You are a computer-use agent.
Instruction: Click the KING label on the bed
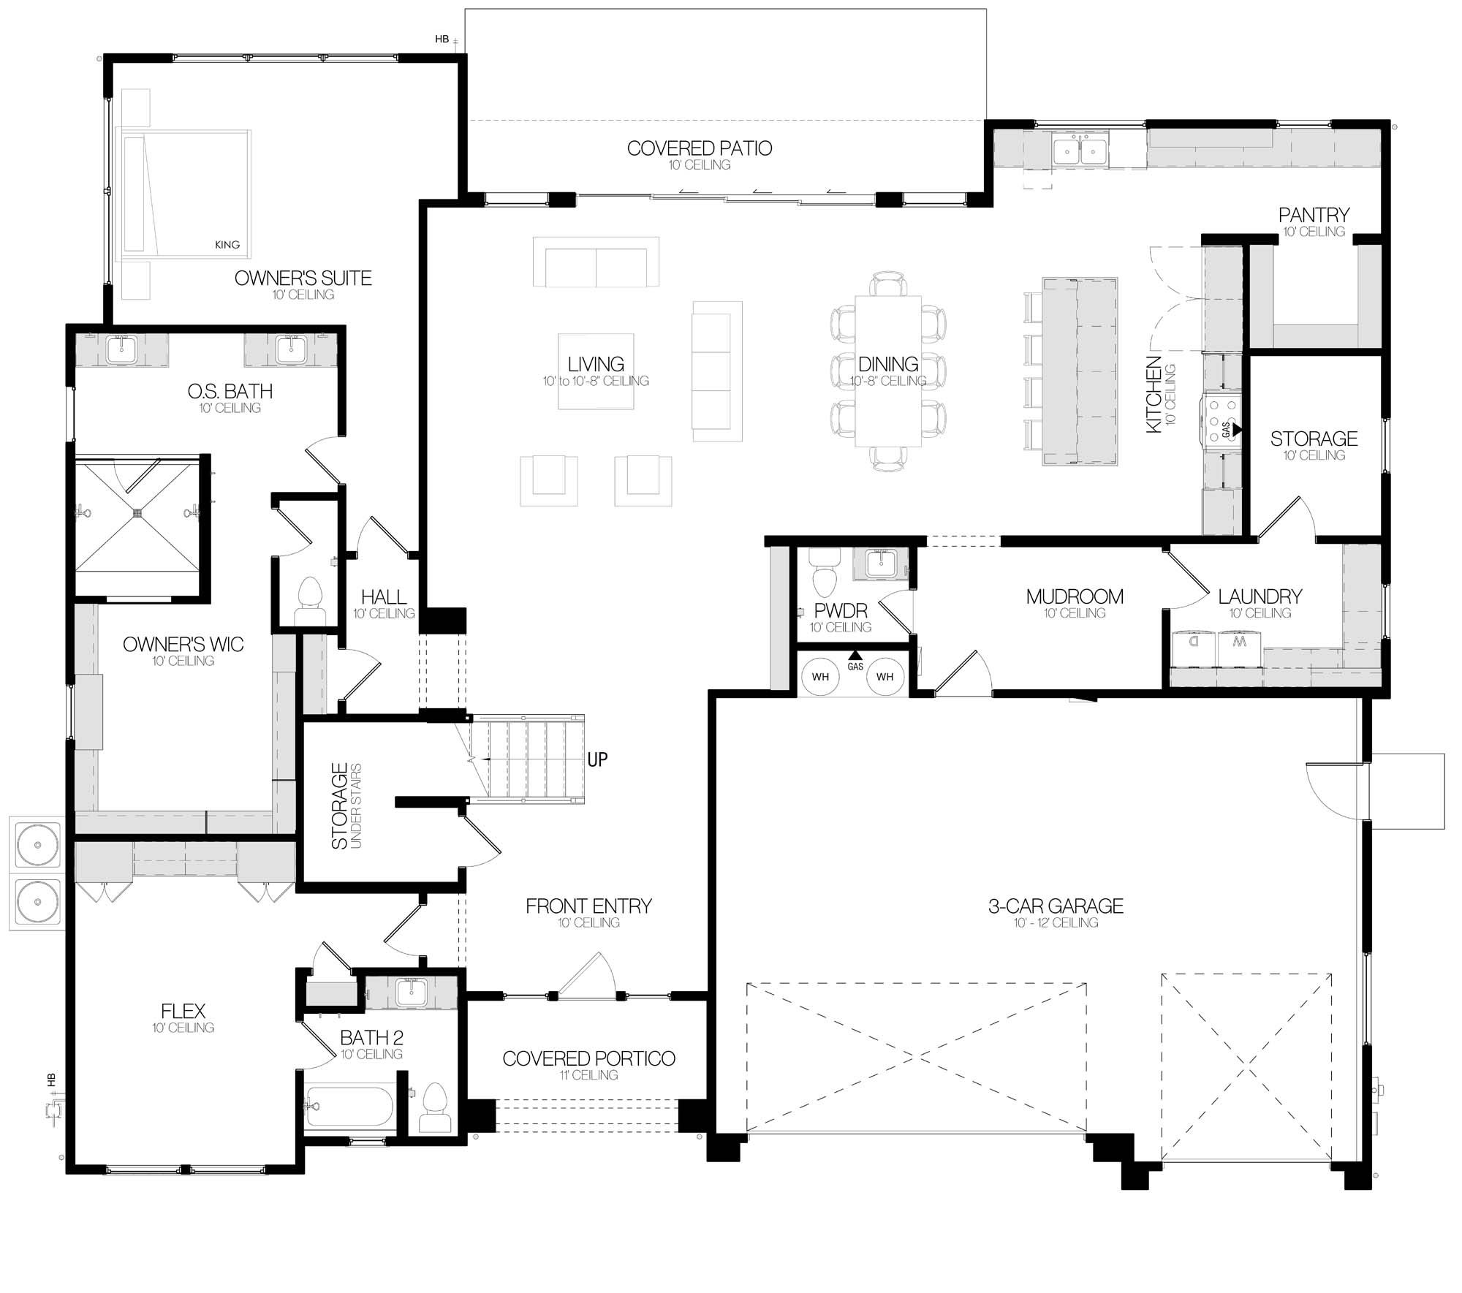click(227, 245)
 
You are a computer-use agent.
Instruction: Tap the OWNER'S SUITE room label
click(303, 278)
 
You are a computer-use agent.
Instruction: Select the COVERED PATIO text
click(700, 148)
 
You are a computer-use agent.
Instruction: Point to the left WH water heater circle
click(820, 677)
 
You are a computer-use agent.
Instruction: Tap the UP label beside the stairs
click(597, 759)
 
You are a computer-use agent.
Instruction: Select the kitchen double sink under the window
click(1080, 151)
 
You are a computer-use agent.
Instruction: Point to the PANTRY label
click(1314, 215)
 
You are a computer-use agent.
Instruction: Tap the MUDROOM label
click(1075, 596)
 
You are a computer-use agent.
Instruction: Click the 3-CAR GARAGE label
click(1056, 906)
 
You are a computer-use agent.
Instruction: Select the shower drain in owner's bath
click(138, 514)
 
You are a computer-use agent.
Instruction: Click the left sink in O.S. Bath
click(122, 350)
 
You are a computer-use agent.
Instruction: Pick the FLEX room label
click(183, 1012)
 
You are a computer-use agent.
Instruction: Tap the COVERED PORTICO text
click(588, 1058)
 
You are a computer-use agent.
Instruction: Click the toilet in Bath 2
click(435, 1107)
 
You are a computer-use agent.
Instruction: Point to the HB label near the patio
click(442, 39)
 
